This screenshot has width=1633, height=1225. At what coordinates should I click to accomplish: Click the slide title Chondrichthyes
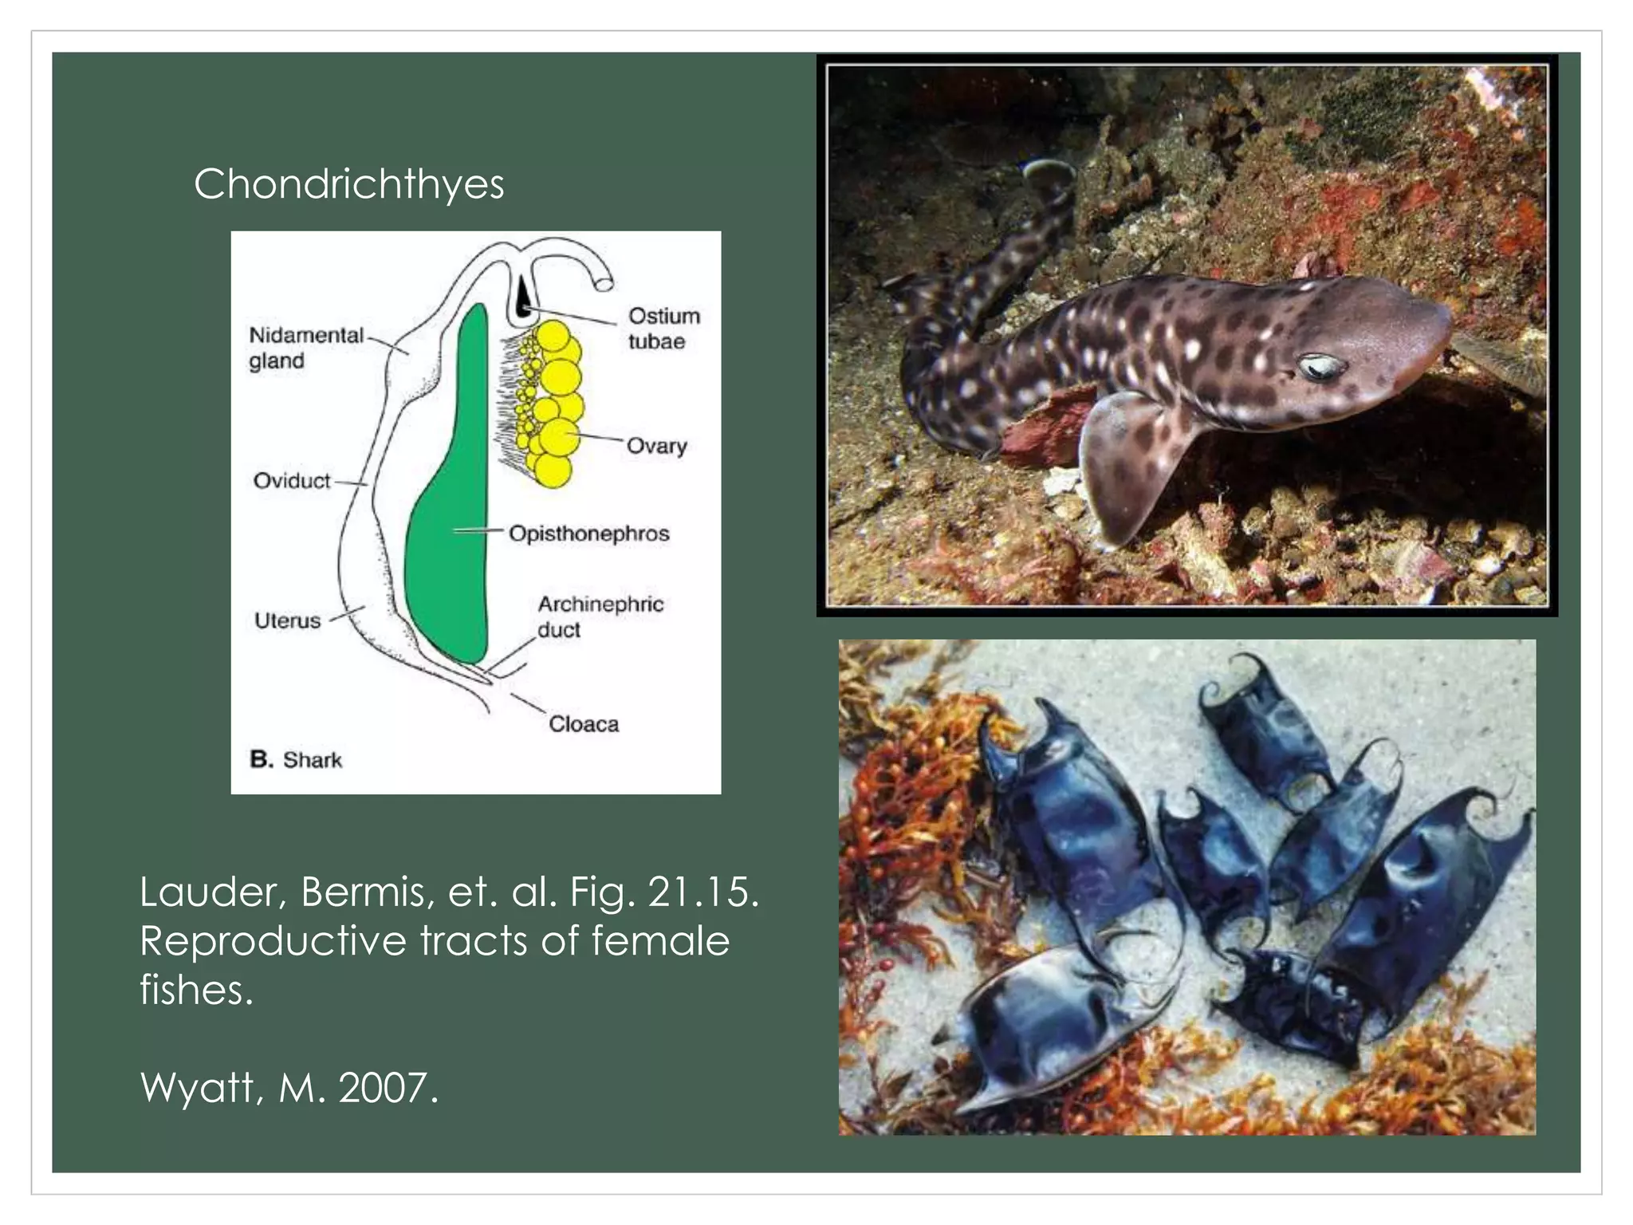[348, 185]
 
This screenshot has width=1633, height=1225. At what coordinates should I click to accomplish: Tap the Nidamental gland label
[305, 348]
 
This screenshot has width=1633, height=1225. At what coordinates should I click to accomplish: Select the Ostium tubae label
[663, 329]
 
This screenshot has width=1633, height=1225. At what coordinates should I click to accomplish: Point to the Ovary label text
[656, 446]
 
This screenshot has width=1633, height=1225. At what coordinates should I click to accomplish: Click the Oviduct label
[291, 481]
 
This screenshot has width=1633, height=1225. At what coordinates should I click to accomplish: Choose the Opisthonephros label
[588, 534]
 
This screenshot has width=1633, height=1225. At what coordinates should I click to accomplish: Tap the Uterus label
[287, 620]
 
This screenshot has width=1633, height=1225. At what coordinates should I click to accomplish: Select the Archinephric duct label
[600, 616]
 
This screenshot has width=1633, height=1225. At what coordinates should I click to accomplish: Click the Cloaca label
[583, 724]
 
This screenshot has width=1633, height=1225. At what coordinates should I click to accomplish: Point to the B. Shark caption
[296, 759]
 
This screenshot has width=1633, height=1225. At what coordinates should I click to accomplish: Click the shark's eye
[1320, 368]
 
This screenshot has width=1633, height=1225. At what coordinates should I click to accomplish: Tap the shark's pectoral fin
[1132, 463]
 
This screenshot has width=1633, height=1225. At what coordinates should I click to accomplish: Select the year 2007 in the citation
[388, 1087]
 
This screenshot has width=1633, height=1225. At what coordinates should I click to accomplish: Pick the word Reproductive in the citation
[273, 941]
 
